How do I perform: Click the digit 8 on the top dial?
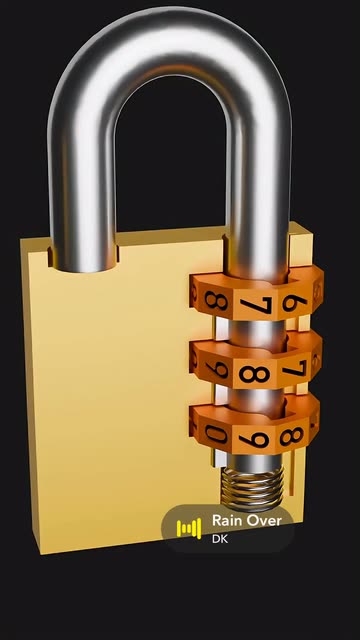216,300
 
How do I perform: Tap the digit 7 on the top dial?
256,305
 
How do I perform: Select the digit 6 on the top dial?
294,303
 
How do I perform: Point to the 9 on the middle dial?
217,369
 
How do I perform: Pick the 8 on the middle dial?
254,374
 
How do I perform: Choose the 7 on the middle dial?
294,368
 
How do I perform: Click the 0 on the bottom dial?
216,434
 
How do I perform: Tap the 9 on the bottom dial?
254,440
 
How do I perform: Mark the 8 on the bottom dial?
291,436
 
